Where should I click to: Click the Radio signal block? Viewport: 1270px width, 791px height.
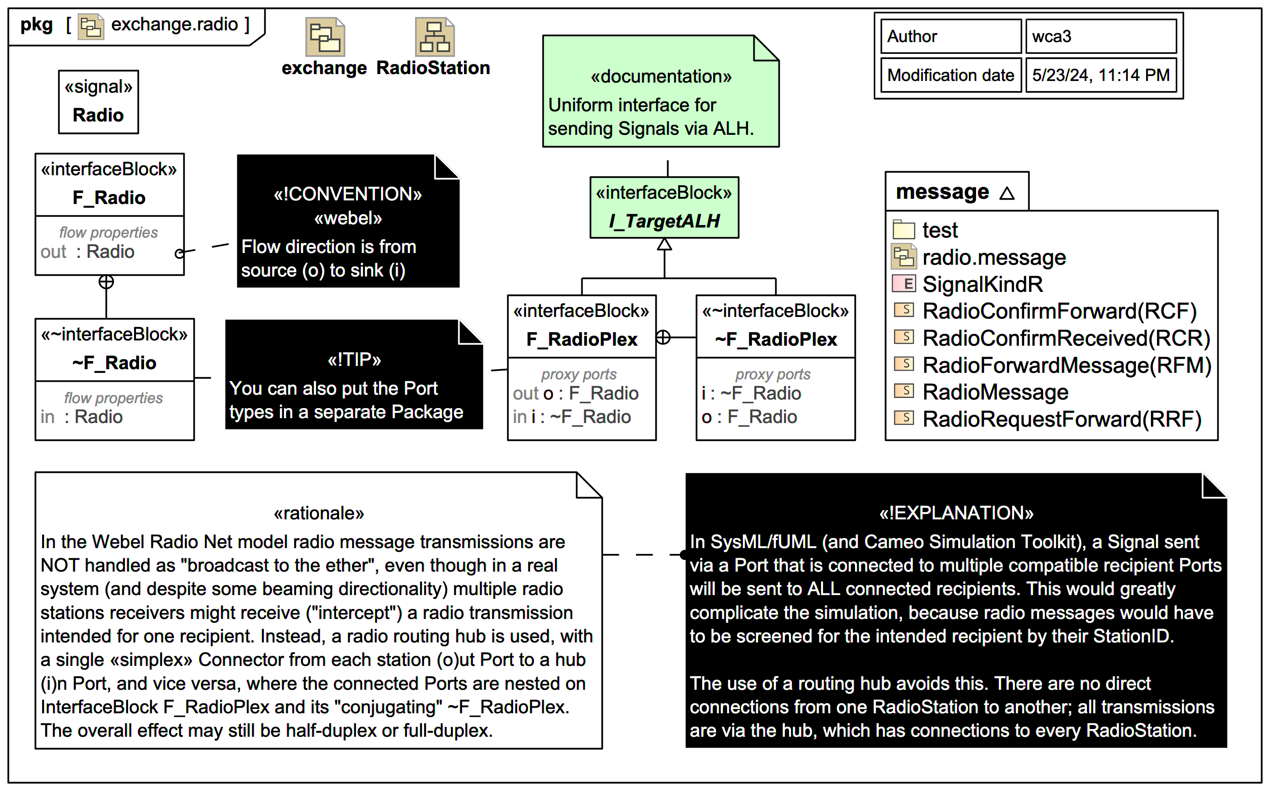click(98, 102)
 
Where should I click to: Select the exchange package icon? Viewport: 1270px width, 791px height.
click(325, 37)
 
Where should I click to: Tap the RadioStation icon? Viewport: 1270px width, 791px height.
click(434, 37)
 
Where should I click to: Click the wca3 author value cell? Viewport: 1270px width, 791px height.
click(1100, 36)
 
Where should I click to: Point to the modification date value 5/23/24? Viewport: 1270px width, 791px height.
click(1100, 75)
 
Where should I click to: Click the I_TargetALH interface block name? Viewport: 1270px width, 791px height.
click(664, 221)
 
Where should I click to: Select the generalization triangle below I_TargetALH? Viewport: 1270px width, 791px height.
click(664, 245)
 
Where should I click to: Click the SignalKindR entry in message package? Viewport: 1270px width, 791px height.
click(982, 284)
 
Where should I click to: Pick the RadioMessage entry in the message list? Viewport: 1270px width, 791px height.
click(994, 392)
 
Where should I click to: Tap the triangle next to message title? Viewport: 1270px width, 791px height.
click(1007, 193)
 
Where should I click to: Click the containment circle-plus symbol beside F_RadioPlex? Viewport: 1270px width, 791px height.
click(663, 338)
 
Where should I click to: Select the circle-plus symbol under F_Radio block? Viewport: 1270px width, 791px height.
click(106, 283)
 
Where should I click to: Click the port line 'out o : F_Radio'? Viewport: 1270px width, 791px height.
click(575, 393)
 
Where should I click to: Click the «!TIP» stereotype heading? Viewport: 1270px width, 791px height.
click(354, 359)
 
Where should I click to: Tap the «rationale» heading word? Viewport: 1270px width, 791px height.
click(319, 513)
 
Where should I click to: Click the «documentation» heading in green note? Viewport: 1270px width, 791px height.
click(661, 77)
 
